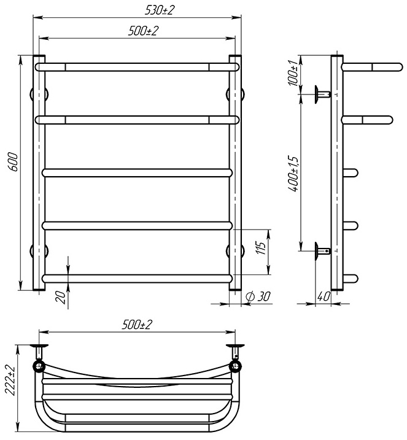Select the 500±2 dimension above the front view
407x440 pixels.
138,31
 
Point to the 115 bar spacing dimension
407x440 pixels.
260,249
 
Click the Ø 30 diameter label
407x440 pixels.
257,297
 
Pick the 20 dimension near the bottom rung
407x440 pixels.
60,296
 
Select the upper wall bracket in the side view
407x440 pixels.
322,94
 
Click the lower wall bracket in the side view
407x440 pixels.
322,250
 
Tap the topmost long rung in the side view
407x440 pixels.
366,65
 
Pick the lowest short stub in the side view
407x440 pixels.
350,279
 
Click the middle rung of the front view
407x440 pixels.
138,173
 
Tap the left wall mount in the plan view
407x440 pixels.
40,352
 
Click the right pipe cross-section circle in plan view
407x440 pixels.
235,367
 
